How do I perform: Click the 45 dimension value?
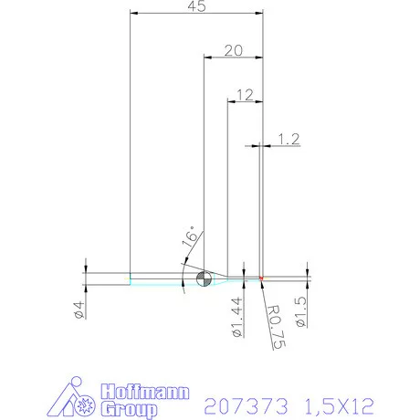coord(195,7)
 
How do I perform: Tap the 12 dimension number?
coord(244,94)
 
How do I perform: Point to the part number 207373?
coord(246,403)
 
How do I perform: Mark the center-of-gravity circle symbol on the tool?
coord(204,278)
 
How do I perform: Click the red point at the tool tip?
coord(261,277)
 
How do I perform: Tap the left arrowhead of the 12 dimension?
coord(230,101)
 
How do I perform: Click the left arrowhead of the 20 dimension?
coord(206,58)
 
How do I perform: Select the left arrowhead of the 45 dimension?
coord(134,14)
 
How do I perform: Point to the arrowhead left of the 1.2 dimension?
coord(256,145)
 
